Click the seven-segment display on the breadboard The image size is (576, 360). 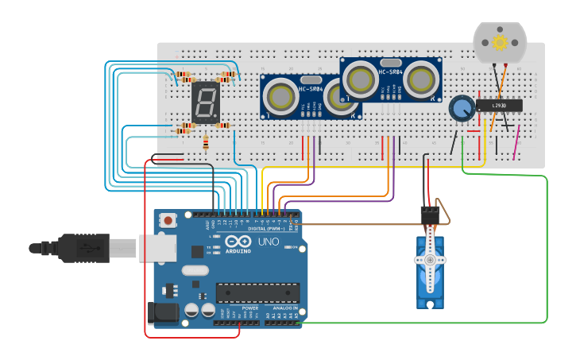(x=206, y=103)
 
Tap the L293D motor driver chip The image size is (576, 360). (x=499, y=105)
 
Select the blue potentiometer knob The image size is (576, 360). (x=462, y=108)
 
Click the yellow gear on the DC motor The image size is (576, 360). (x=500, y=42)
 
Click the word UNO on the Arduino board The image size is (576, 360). (x=268, y=241)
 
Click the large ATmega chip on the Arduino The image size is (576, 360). (x=257, y=292)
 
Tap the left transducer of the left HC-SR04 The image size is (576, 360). (x=280, y=95)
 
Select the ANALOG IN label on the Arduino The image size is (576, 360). (x=284, y=308)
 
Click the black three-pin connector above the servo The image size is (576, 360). (x=429, y=215)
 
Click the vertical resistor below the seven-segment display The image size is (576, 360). (x=206, y=143)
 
